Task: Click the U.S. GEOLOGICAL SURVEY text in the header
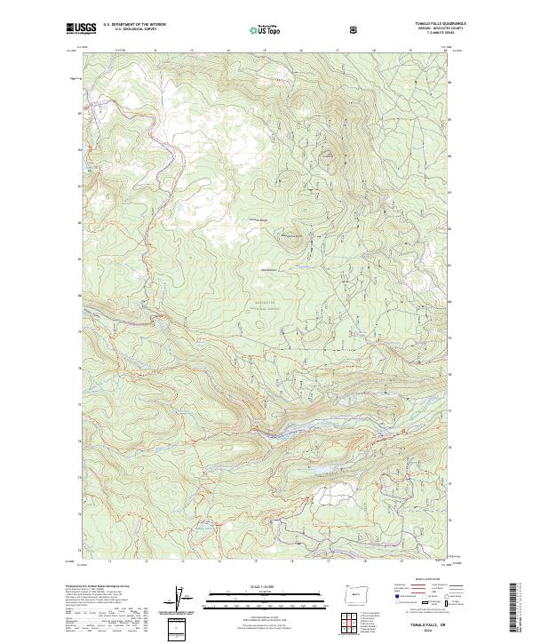pyautogui.click(x=129, y=29)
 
